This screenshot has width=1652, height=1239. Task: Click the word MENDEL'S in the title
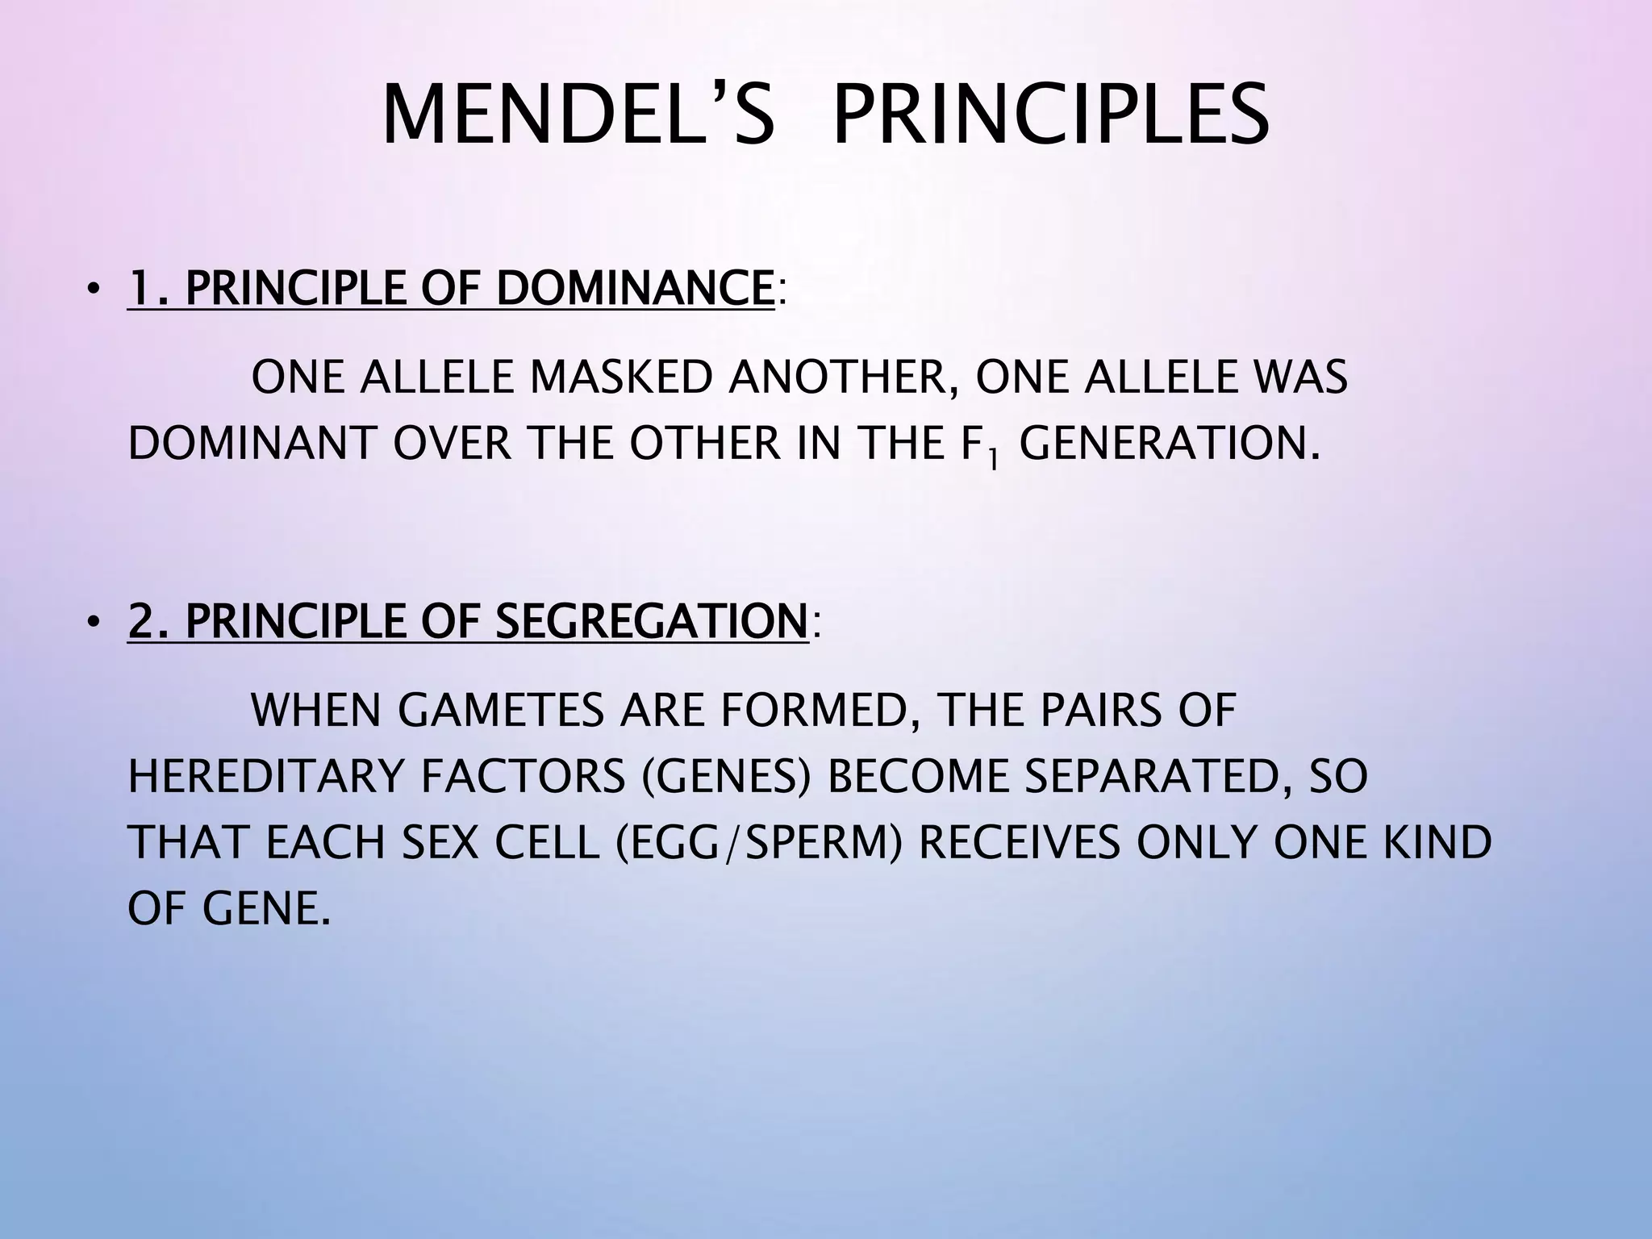coord(578,118)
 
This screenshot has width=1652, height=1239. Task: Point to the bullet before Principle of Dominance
coord(94,290)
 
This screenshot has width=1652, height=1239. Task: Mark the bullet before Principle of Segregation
coord(94,624)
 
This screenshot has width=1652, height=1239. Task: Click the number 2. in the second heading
coord(150,622)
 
